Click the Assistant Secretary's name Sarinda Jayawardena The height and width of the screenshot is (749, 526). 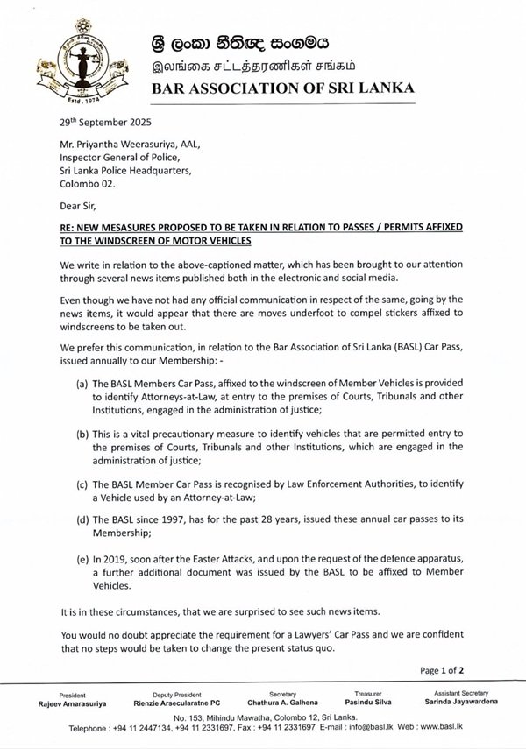459,702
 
